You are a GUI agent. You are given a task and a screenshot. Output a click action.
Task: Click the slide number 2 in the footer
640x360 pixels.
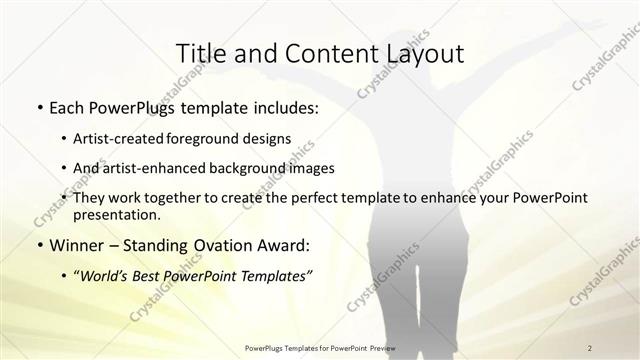[x=590, y=347]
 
